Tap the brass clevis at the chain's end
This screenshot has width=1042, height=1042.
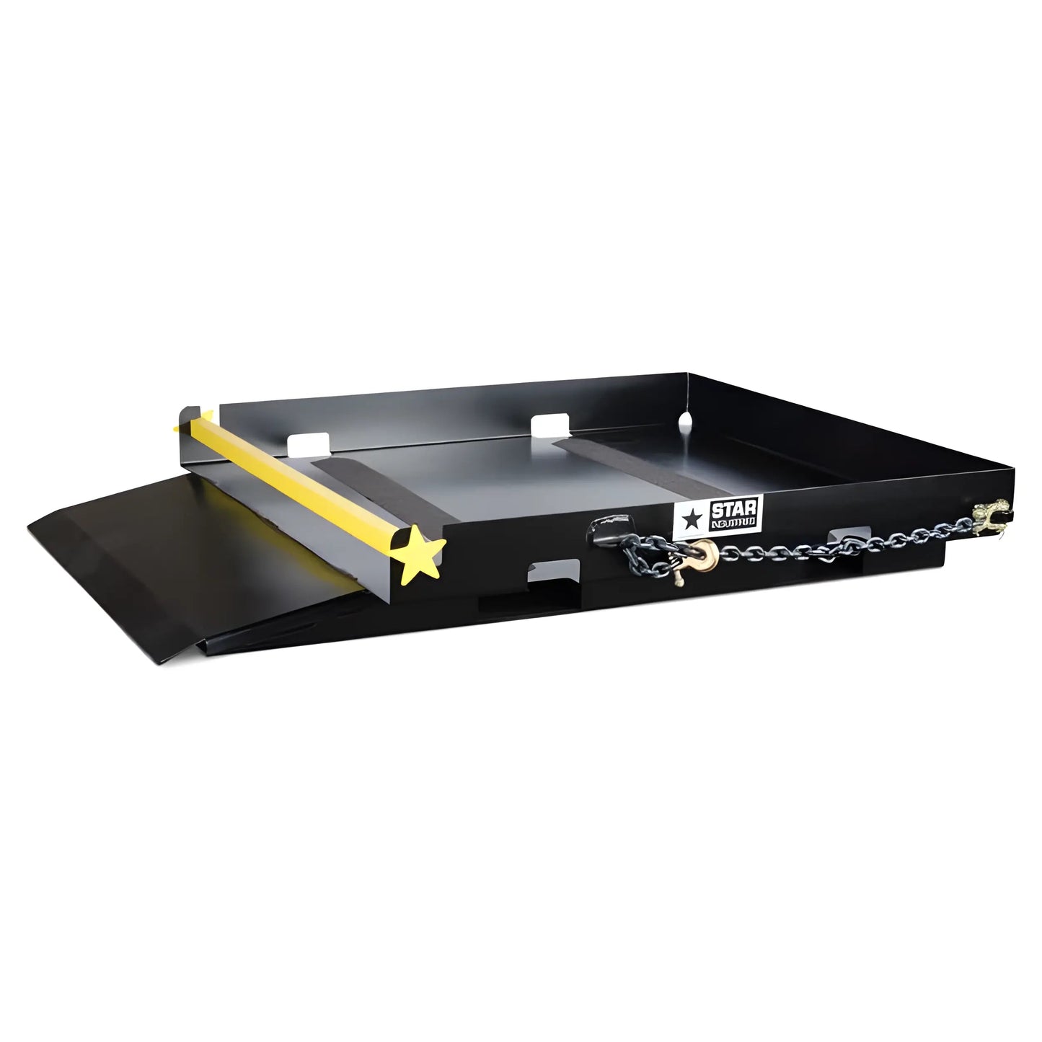(986, 516)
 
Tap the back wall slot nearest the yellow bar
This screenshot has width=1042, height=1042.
(309, 444)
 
